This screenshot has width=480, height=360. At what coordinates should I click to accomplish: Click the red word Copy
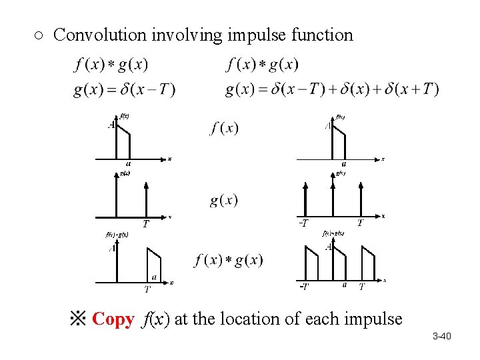[113, 319]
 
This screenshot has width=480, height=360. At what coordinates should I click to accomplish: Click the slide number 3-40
[441, 336]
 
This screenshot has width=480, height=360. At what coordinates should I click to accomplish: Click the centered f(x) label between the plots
[224, 127]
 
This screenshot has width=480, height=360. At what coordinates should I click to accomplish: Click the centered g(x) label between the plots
[224, 200]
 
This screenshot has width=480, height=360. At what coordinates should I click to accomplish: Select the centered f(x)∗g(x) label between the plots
[229, 260]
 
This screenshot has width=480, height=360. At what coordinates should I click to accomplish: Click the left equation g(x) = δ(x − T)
[124, 89]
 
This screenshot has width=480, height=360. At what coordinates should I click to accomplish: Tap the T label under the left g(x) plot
[145, 224]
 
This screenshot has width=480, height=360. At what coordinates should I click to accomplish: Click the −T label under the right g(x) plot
[303, 223]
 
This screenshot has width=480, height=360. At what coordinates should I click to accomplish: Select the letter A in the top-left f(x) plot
[111, 125]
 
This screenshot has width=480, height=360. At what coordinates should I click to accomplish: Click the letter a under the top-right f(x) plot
[343, 163]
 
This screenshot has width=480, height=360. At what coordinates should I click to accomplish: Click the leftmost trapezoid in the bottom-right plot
[311, 263]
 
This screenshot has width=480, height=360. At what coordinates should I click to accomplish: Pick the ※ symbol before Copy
[77, 319]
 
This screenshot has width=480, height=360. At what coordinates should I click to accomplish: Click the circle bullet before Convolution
[39, 35]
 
